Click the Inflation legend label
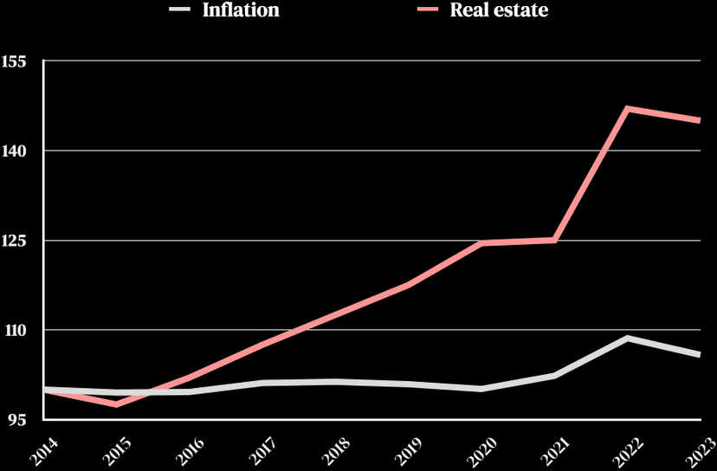[240, 10]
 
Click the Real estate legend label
[499, 10]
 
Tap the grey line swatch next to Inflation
[180, 10]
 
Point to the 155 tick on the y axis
[16, 61]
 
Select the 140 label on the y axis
[16, 151]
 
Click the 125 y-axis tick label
[16, 241]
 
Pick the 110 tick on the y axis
[16, 330]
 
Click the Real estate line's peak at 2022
[627, 109]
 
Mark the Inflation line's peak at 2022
[627, 338]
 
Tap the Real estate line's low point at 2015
[116, 404]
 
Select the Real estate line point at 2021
[554, 240]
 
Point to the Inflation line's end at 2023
[699, 355]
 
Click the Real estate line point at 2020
[481, 243]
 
